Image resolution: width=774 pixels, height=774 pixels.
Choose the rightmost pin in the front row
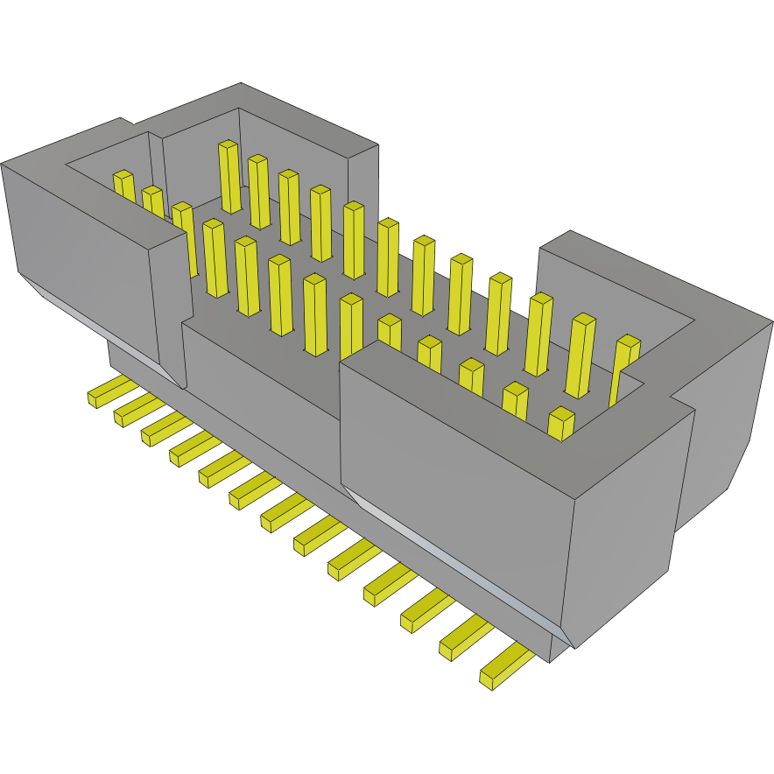point(560,424)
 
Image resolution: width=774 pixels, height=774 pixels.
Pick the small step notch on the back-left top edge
point(126,122)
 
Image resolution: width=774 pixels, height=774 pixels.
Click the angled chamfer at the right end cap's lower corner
point(740,464)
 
